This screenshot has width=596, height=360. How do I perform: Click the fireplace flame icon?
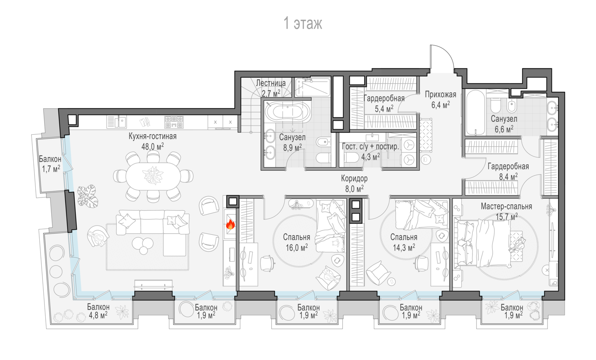[230, 224]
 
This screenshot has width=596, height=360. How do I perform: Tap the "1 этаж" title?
[303, 23]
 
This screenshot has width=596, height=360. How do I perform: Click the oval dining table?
[153, 176]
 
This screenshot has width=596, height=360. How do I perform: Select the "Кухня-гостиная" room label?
[153, 136]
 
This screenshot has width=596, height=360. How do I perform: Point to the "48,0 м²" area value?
[153, 146]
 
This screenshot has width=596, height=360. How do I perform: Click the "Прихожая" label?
[440, 95]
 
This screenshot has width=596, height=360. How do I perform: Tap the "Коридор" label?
[354, 178]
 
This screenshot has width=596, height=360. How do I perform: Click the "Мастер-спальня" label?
[506, 207]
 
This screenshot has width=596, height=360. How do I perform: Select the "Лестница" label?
[271, 83]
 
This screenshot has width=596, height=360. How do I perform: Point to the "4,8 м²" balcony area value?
[98, 315]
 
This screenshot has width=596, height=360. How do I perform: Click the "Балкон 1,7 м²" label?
[50, 164]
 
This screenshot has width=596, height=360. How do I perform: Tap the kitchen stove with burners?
[174, 122]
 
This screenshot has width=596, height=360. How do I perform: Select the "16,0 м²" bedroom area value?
[297, 248]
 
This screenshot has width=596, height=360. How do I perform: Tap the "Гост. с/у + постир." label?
[370, 147]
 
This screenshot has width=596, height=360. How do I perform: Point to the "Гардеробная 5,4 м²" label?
[384, 103]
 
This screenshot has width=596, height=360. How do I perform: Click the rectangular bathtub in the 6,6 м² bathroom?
[476, 112]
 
